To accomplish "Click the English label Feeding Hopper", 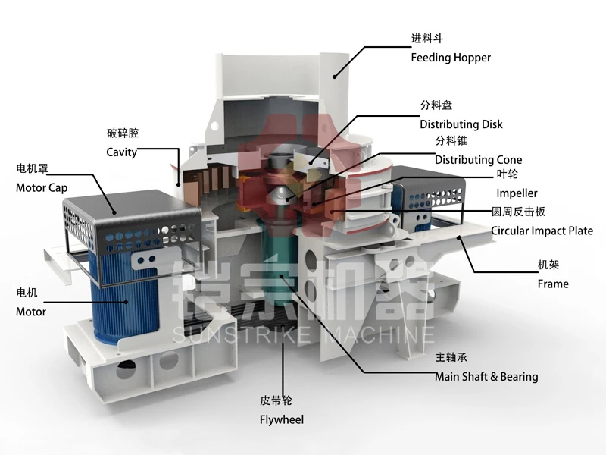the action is (x=451, y=58).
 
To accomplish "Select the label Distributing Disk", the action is (x=461, y=124).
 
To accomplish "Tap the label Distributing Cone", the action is (x=478, y=160).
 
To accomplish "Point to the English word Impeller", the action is (x=517, y=193).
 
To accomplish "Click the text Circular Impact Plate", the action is (x=542, y=231).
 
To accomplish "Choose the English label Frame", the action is (x=553, y=284).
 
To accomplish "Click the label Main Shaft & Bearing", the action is (x=486, y=376).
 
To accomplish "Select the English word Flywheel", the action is (x=282, y=419).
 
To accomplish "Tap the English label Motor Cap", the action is (x=42, y=188).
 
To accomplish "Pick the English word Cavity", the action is (x=121, y=152).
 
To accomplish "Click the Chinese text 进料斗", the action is (x=426, y=39).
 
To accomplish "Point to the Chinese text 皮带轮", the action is (x=276, y=400).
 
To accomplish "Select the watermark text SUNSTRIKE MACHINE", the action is (x=304, y=334).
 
